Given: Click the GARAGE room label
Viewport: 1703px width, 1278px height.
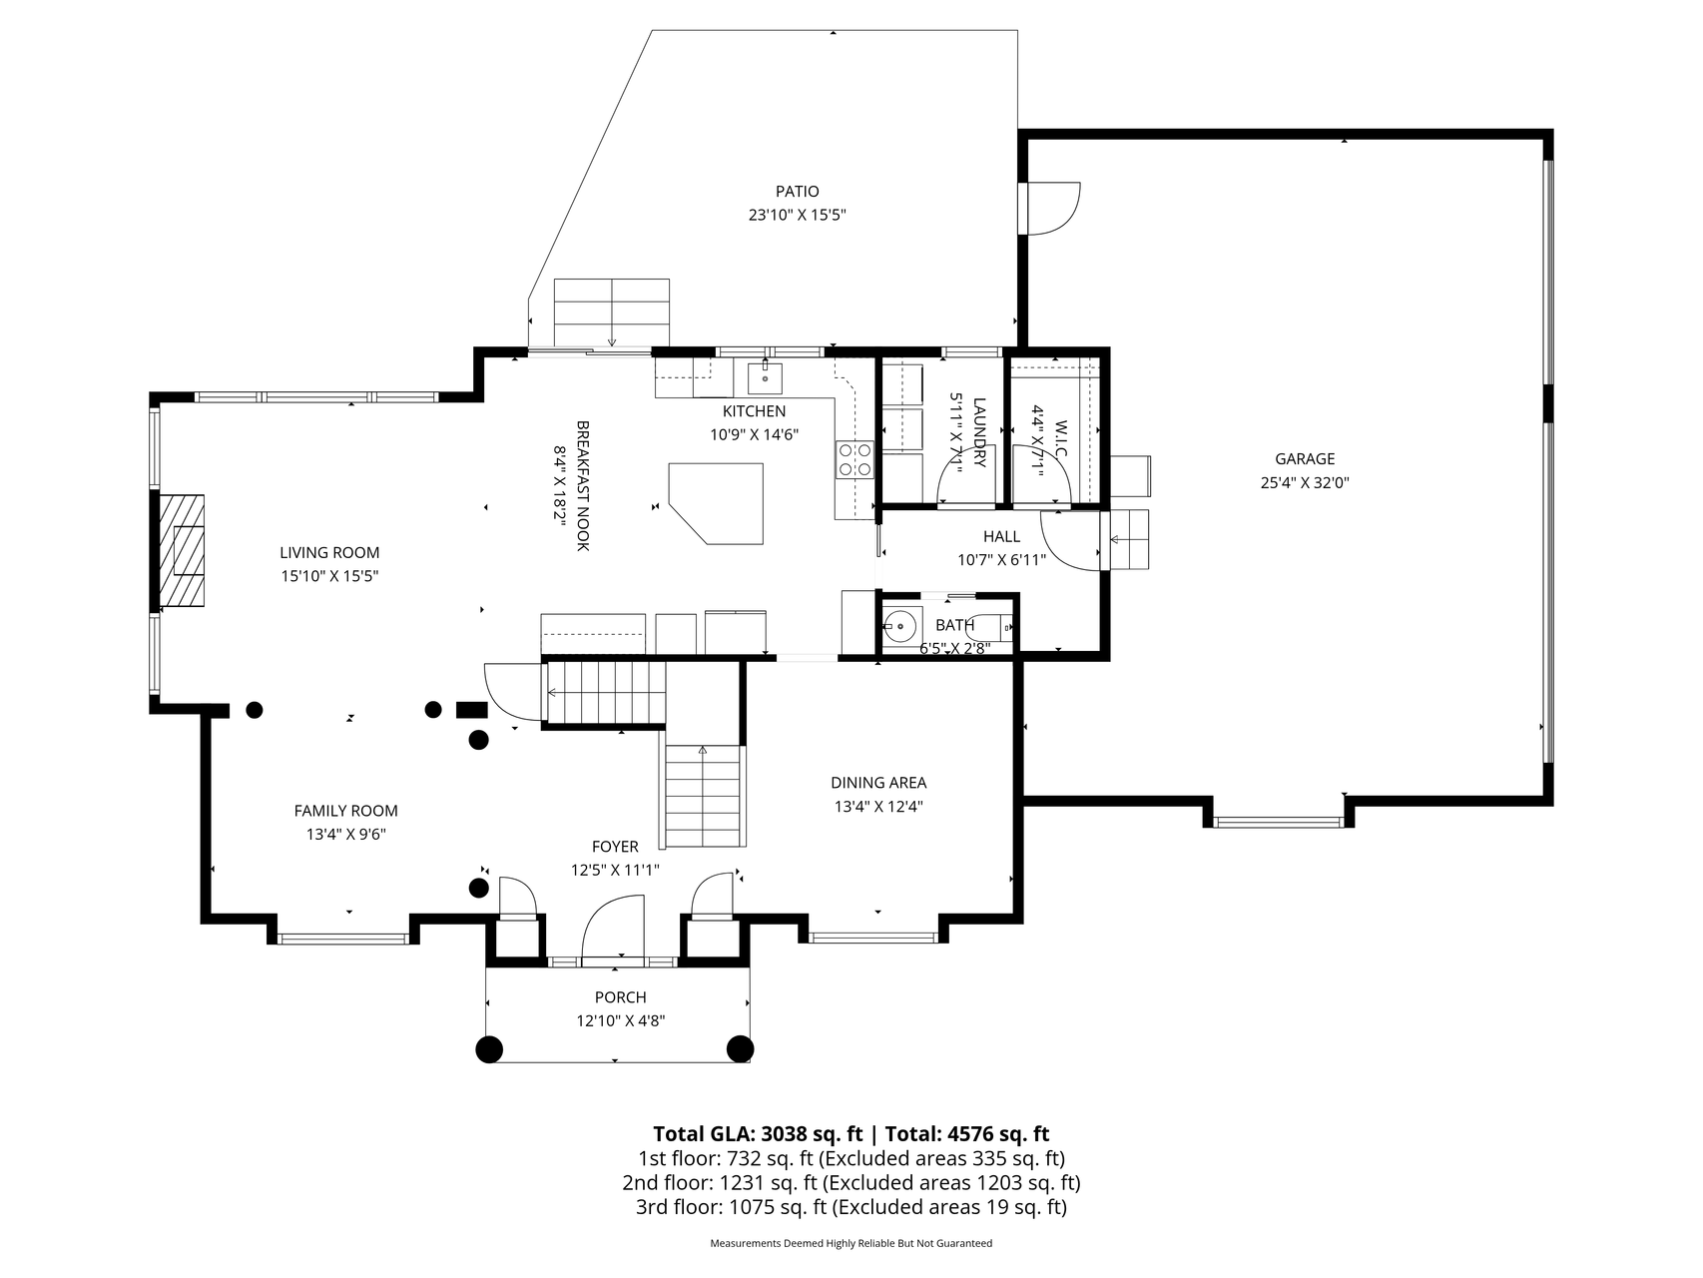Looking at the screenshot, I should [x=1304, y=459].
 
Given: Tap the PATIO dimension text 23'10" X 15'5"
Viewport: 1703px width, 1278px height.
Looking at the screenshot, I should [x=797, y=215].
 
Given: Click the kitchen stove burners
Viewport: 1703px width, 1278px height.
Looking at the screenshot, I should [x=854, y=459].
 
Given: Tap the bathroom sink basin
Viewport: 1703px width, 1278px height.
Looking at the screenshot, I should [x=899, y=626].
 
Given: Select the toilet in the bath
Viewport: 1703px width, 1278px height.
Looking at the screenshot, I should [x=990, y=627].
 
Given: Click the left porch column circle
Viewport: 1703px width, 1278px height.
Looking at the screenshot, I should [x=488, y=1048].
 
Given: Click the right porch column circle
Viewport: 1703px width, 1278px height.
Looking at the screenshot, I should [x=740, y=1048].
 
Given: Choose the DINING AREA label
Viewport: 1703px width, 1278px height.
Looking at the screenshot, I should [x=878, y=783].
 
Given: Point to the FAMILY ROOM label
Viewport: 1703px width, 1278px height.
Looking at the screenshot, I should [x=345, y=811].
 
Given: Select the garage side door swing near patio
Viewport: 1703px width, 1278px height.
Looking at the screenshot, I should [x=1053, y=208].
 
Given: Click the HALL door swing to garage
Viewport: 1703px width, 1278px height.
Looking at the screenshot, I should [x=1070, y=539].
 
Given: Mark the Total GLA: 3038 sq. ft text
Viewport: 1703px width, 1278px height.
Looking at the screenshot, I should [x=757, y=1133].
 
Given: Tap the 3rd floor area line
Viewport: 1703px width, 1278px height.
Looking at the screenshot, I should [x=851, y=1207].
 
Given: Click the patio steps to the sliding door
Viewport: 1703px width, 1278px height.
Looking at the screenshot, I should [x=611, y=313].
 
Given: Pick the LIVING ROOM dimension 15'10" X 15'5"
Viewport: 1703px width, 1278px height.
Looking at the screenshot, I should [x=329, y=576].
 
